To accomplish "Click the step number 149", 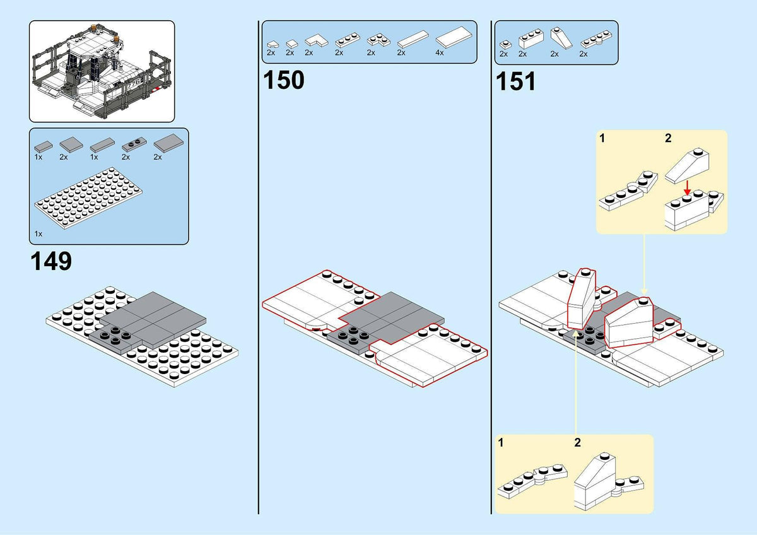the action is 51,261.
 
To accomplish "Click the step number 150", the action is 283,80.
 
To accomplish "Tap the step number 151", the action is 516,81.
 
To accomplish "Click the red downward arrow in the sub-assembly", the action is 687,188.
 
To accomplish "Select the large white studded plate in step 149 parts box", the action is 88,198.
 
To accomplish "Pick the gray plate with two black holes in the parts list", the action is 134,144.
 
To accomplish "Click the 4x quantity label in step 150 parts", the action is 439,53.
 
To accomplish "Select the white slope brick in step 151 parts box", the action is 561,38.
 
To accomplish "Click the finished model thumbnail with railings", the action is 102,71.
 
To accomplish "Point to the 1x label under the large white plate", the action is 38,234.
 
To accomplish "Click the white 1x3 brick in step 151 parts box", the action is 531,39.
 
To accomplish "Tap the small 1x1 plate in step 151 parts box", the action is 505,45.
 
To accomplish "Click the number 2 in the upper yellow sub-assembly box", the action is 668,138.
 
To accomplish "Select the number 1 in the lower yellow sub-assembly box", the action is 501,442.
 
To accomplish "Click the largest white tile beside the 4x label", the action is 454,37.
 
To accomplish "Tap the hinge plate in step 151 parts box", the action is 596,39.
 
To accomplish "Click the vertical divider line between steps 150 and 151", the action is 491,267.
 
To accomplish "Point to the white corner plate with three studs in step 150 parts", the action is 378,40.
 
